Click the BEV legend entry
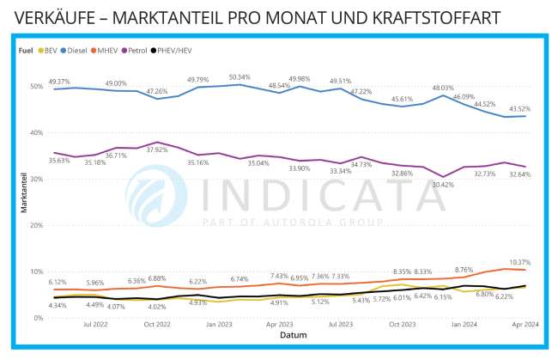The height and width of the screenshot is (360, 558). (52, 51)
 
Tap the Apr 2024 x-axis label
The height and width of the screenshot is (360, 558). (526, 326)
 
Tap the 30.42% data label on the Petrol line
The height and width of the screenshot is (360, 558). (444, 184)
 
